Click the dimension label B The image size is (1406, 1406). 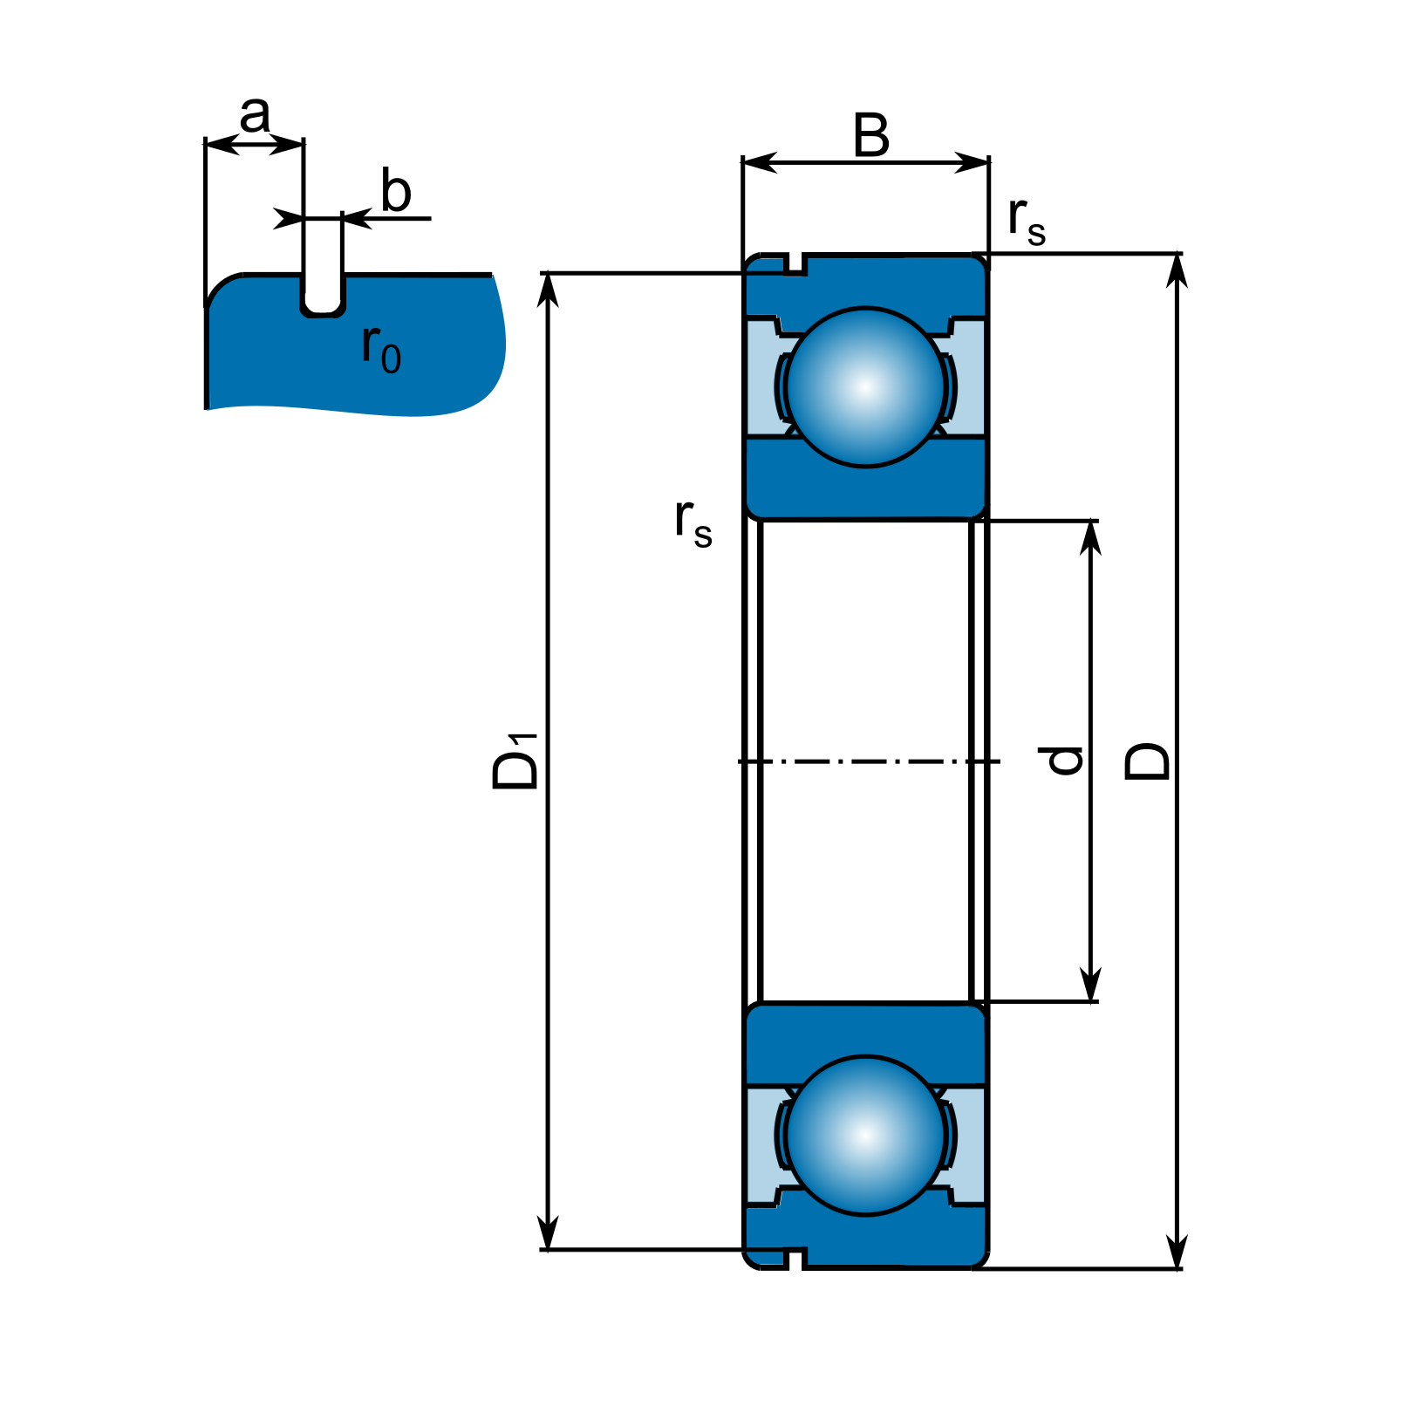tap(871, 136)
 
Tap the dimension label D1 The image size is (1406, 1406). tap(515, 761)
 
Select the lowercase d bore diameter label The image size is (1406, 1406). tap(1065, 761)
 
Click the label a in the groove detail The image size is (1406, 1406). tap(255, 115)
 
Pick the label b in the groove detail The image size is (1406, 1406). tap(396, 192)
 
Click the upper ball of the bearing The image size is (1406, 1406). tap(865, 387)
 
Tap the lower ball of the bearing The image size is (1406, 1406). tap(865, 1136)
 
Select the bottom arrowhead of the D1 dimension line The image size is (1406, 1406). tap(548, 1235)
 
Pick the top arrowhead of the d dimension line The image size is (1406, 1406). tap(1090, 536)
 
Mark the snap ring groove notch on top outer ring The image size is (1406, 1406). tap(795, 264)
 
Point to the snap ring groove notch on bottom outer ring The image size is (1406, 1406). tap(795, 1258)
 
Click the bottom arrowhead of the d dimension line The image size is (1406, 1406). tap(1090, 986)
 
